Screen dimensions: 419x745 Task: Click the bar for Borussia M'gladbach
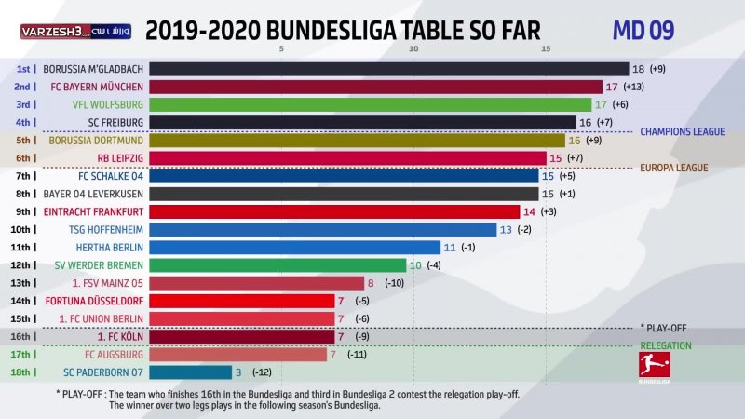pos(388,69)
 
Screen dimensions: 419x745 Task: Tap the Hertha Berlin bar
pos(294,247)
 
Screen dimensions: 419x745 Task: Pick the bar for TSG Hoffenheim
pos(322,229)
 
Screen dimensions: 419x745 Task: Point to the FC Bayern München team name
pos(97,87)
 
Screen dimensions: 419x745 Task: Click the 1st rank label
pos(26,69)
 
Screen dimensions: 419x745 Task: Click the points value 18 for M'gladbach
pos(638,69)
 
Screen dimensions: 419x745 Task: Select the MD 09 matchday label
pos(643,30)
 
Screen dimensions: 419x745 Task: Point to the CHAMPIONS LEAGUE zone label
pos(682,132)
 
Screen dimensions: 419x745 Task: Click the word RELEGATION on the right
pos(665,345)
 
